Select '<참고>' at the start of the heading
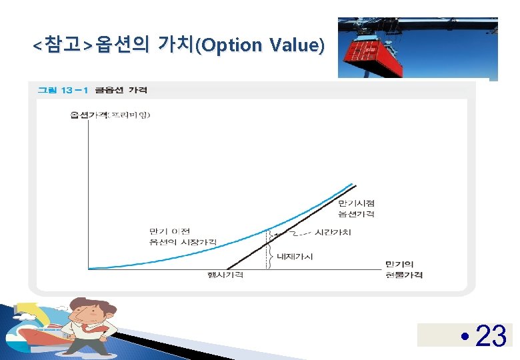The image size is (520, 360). [x=63, y=45]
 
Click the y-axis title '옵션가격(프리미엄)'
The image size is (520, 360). [x=110, y=115]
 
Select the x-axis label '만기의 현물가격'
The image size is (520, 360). [x=404, y=269]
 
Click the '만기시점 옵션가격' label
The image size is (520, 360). [x=356, y=208]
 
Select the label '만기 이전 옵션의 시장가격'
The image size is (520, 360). [x=183, y=236]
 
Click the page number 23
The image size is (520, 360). [x=491, y=336]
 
